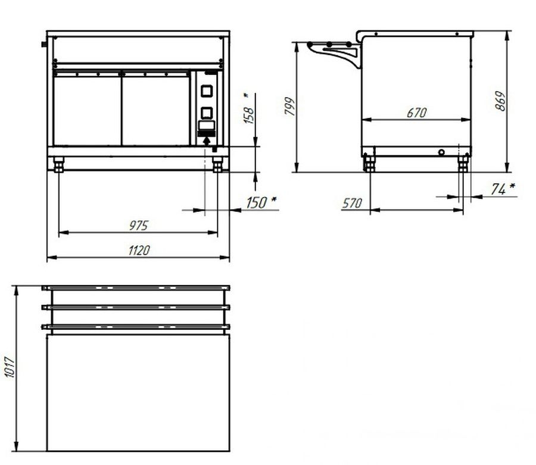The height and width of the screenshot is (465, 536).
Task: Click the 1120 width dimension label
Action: pyautogui.click(x=139, y=251)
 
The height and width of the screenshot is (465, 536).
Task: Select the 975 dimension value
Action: pyautogui.click(x=138, y=226)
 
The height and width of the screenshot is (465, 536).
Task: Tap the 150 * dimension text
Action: pyautogui.click(x=261, y=202)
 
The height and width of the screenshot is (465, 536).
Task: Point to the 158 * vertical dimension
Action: pyautogui.click(x=250, y=108)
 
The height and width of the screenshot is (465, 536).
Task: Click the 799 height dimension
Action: pyautogui.click(x=290, y=106)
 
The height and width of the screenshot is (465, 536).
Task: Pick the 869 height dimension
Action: pyautogui.click(x=500, y=101)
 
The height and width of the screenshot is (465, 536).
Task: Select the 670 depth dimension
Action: pyautogui.click(x=417, y=113)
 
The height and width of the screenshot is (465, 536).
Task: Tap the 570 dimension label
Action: pyautogui.click(x=352, y=203)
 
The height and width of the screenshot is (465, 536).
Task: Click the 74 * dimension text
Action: pyautogui.click(x=503, y=189)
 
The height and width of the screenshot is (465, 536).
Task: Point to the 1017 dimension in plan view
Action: pyautogui.click(x=10, y=367)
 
